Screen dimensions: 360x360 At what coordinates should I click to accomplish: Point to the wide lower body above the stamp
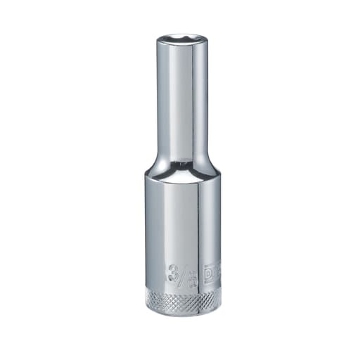(180, 225)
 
